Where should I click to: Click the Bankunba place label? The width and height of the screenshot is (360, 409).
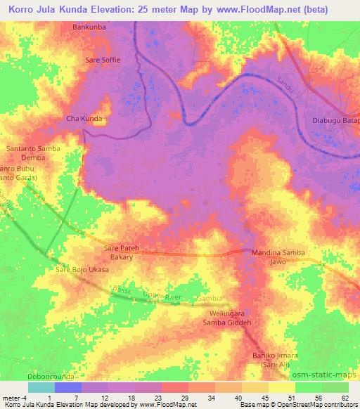(89, 27)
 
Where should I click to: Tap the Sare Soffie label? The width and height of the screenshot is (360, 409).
(103, 60)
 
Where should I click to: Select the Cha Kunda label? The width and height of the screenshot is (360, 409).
(84, 118)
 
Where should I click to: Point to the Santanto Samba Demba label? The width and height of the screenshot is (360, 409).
(33, 153)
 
